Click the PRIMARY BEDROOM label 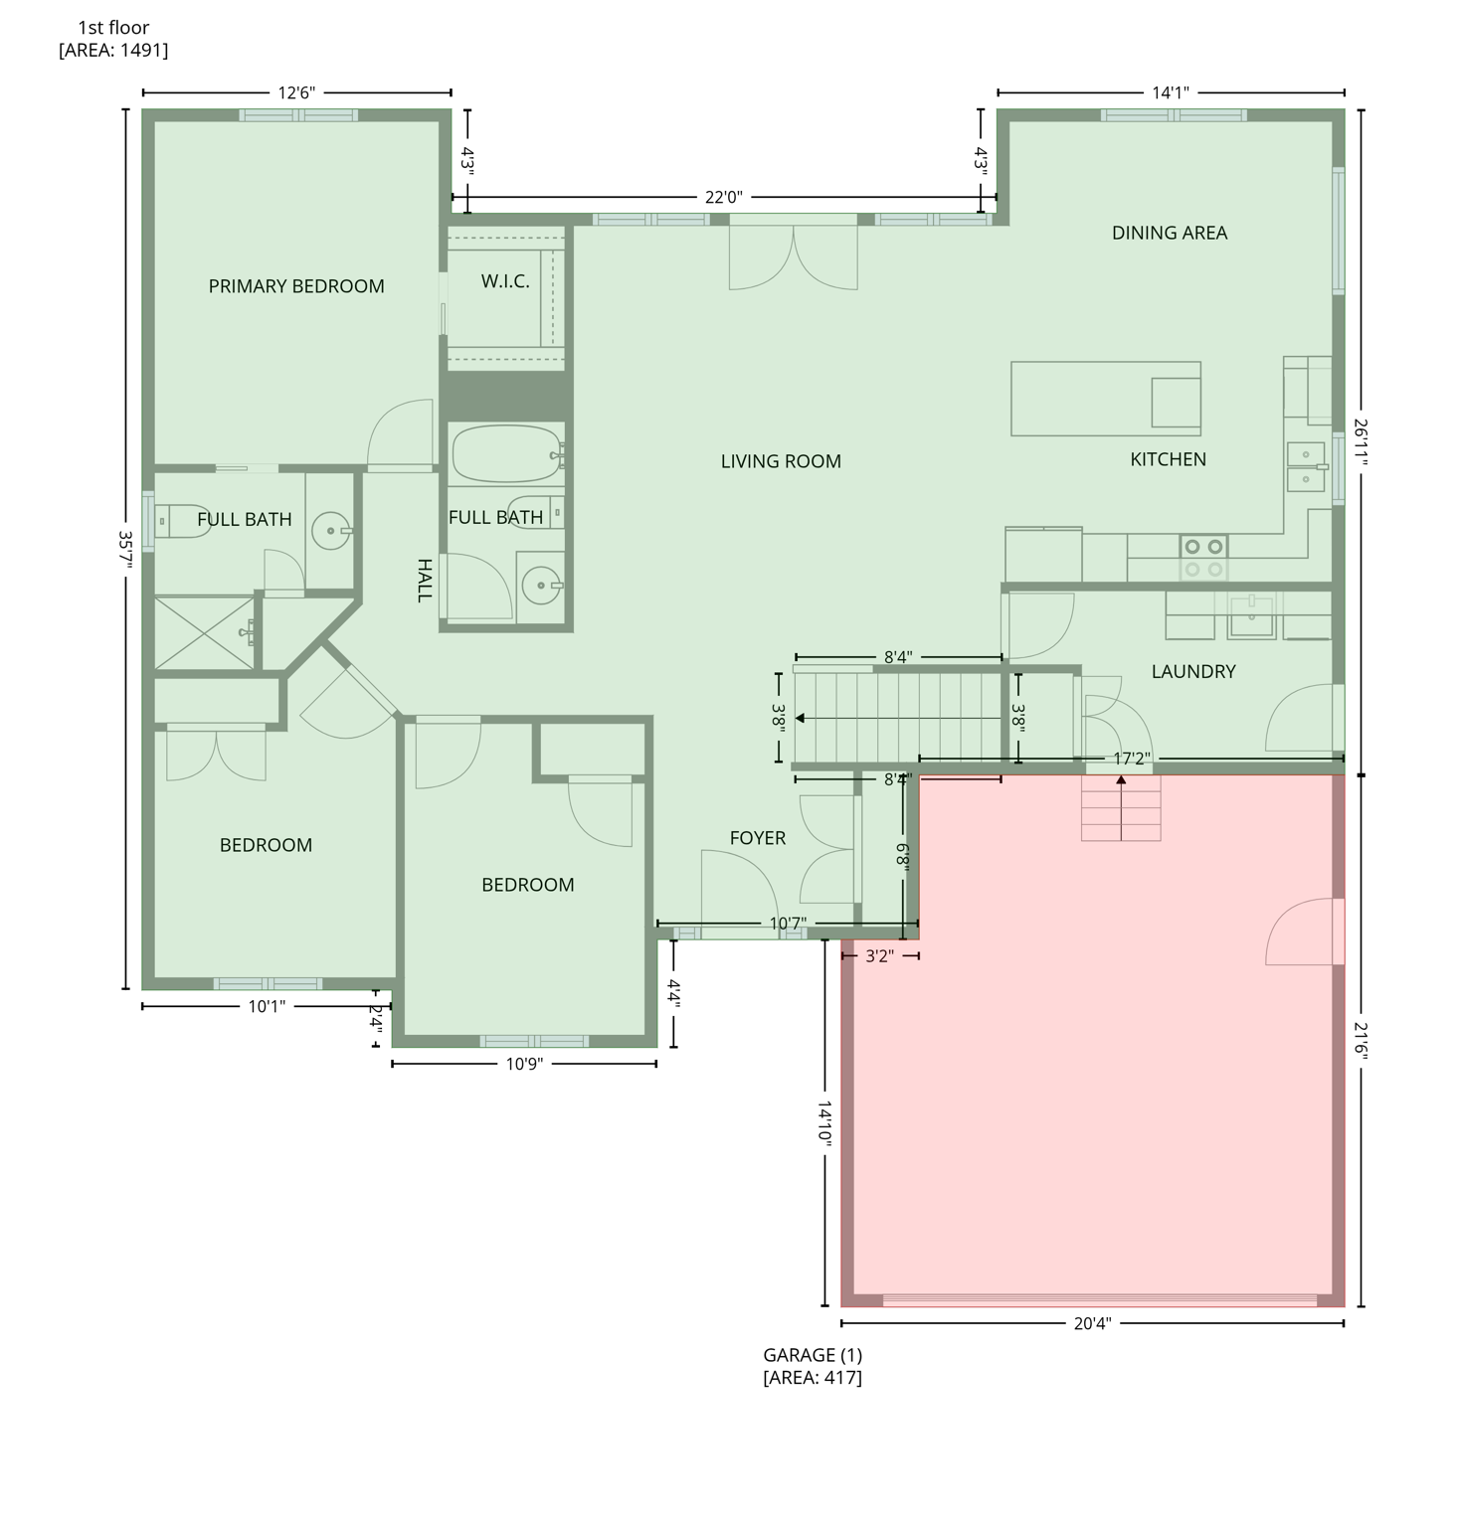tap(296, 286)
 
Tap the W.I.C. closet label tap(505, 281)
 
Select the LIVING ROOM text tap(781, 461)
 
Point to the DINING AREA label tap(1169, 233)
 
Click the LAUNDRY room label tap(1192, 672)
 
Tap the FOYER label tap(757, 838)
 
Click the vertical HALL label tap(425, 581)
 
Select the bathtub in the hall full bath tap(506, 454)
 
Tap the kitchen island tap(1104, 399)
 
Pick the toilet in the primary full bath tap(182, 521)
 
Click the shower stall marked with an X tap(205, 632)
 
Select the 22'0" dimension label tap(723, 198)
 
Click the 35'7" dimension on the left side tap(125, 549)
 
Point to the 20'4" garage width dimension tap(1091, 1323)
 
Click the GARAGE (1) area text tap(812, 1355)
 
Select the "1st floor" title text tap(113, 28)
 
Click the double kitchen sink tap(1305, 467)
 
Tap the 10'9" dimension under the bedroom tap(524, 1064)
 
